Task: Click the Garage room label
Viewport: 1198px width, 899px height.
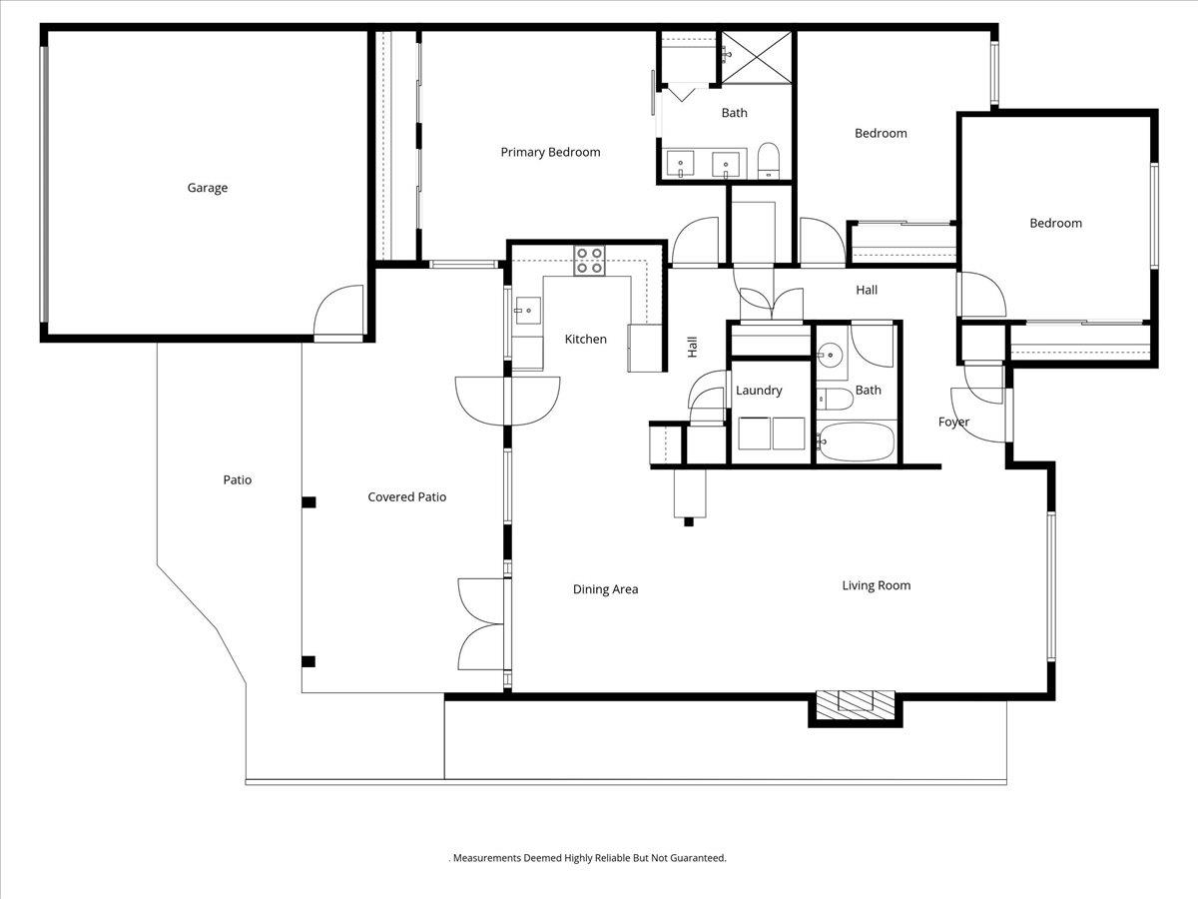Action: [208, 188]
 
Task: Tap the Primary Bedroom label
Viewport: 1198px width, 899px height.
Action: [550, 152]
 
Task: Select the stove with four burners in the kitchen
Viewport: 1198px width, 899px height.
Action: [589, 261]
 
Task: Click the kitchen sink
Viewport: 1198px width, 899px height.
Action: [527, 311]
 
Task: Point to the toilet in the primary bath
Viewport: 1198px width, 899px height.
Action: [769, 161]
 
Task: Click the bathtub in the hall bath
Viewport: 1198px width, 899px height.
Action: [856, 442]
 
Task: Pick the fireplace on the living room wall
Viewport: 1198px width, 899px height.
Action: [856, 708]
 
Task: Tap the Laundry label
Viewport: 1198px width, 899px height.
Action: [759, 391]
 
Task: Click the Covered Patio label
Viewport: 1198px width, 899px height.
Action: [407, 496]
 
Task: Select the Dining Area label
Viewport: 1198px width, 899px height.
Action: [605, 589]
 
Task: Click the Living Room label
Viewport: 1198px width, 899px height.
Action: [876, 585]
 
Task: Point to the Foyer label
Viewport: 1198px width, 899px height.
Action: [953, 422]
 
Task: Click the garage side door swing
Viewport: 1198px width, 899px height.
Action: [338, 311]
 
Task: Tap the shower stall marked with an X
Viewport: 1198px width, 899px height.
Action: [757, 57]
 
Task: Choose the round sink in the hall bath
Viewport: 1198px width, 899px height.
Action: [831, 356]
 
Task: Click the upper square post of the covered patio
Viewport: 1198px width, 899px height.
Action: [308, 502]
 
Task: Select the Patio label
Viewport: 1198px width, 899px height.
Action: [238, 479]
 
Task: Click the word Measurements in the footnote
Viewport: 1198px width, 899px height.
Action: [487, 857]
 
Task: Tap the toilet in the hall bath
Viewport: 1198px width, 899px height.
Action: [835, 399]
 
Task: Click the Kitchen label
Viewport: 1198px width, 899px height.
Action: [586, 339]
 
